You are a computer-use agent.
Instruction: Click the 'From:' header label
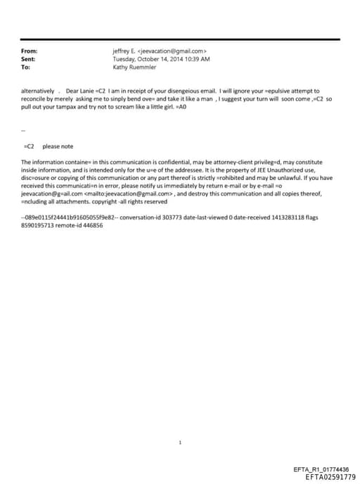tap(30, 51)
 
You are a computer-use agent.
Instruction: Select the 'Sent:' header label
tap(29, 60)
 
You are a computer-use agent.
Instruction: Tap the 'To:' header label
tap(26, 68)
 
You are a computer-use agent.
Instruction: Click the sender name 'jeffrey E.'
tap(124, 51)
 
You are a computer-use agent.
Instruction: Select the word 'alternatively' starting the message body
tap(37, 91)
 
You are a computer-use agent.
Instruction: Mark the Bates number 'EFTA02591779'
tap(326, 477)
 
